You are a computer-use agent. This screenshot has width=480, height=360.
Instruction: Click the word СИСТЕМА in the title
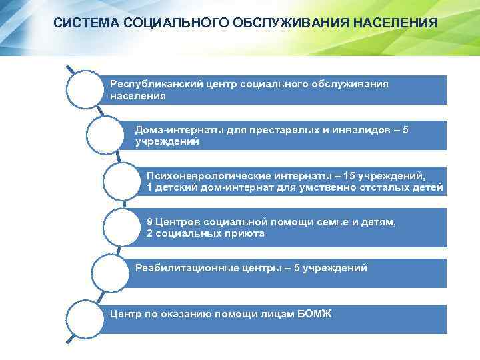coord(83,23)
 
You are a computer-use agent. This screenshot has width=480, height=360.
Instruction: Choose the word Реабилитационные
coord(178,268)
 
